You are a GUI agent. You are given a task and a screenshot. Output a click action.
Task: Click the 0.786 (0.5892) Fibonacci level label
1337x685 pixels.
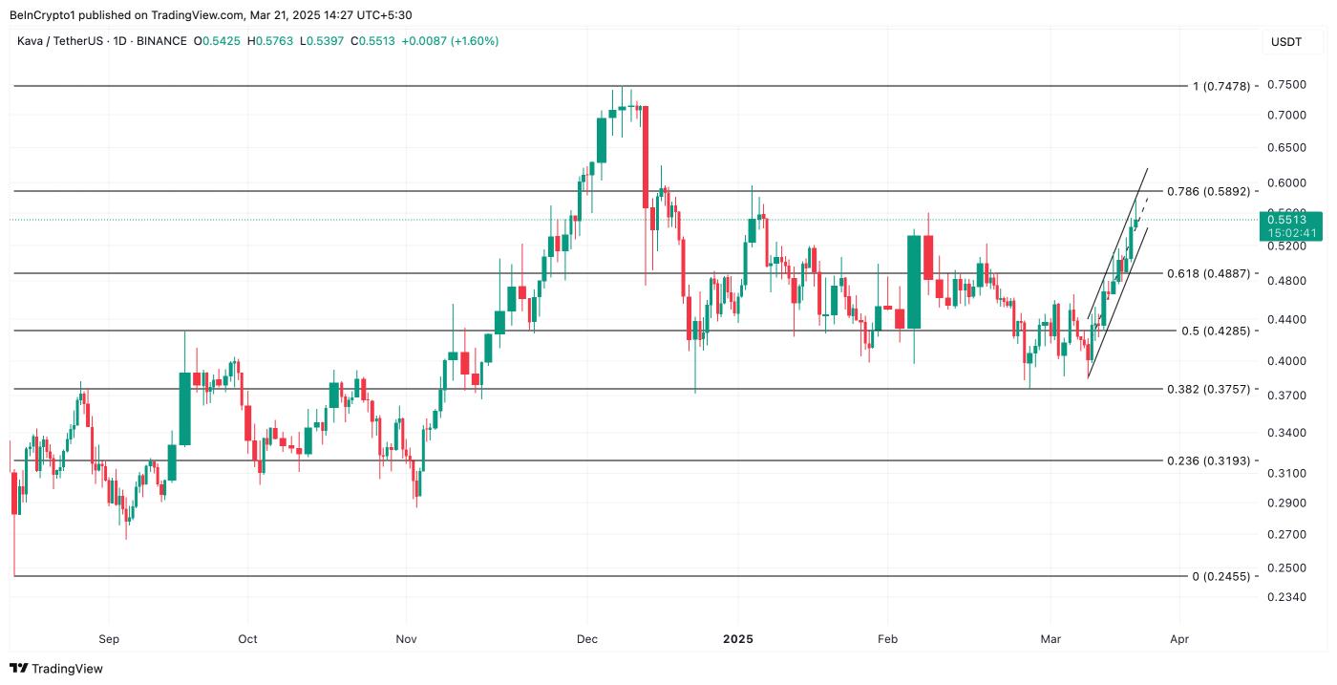coord(1208,191)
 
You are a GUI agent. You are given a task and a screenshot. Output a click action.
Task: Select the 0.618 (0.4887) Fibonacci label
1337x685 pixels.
coord(1208,273)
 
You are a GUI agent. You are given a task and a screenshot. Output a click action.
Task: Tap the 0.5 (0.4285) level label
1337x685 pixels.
coord(1215,331)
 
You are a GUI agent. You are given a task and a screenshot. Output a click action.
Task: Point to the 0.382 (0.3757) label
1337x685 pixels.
coord(1208,389)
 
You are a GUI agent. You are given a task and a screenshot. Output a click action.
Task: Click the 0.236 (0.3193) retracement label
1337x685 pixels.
coord(1208,460)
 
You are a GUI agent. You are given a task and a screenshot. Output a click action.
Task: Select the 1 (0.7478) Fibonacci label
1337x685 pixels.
coord(1220,86)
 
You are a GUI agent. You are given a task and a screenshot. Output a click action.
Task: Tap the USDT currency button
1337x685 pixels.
coord(1285,42)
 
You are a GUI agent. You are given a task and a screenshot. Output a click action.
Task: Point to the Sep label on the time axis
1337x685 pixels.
coord(109,638)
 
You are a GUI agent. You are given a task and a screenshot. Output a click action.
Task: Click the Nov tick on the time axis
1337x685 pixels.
coord(406,638)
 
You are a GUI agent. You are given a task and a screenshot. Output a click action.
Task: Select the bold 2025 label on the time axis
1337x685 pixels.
coord(737,638)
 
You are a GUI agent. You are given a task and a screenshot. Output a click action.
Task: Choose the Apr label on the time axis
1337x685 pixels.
coord(1179,638)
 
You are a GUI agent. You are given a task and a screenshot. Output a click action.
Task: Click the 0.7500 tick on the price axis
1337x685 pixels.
coord(1285,84)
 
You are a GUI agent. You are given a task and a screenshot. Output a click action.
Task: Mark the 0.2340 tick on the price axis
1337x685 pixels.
coord(1285,598)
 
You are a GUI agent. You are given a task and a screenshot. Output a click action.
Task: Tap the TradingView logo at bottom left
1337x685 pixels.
coord(56,669)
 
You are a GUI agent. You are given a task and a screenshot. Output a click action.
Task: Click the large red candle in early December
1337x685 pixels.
coord(646,157)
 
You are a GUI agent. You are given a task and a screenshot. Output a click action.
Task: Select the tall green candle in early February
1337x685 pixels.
coord(914,282)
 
